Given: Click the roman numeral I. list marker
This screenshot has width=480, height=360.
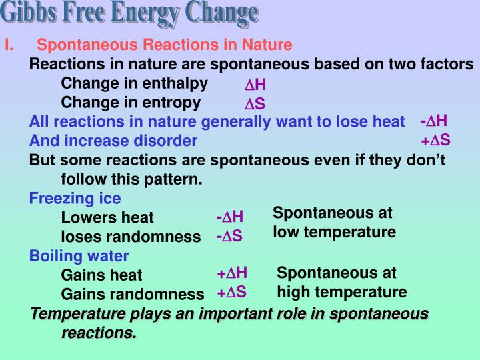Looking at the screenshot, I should click(x=9, y=45).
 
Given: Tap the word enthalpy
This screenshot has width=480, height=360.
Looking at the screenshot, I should click(x=177, y=83).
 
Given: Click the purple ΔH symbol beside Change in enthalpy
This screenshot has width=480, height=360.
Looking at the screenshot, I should click(x=255, y=85).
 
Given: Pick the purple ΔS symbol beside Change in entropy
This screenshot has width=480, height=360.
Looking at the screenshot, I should click(x=255, y=105).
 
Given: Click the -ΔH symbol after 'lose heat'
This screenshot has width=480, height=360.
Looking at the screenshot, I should click(x=434, y=121).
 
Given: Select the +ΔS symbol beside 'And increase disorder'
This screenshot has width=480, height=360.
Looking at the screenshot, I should click(x=435, y=140).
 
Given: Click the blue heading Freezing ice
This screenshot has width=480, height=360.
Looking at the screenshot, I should click(x=75, y=199).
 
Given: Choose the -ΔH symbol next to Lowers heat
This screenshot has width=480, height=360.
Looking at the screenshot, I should click(x=230, y=217).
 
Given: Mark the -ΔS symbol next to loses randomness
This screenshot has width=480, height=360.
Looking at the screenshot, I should click(x=229, y=237).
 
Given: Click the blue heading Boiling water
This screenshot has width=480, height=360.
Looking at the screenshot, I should click(x=79, y=256).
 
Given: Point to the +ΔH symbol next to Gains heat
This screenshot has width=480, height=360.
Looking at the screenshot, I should click(x=232, y=273).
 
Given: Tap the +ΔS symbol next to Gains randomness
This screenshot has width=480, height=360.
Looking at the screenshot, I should click(x=231, y=292).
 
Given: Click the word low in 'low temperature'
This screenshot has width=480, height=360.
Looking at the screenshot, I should click(x=285, y=232).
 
